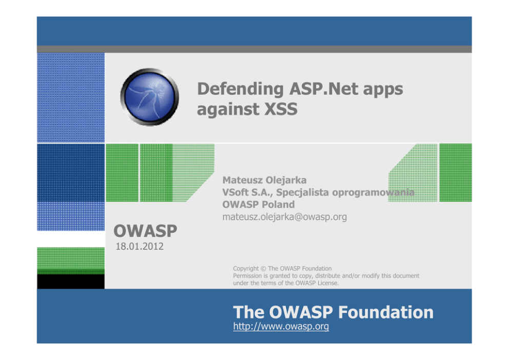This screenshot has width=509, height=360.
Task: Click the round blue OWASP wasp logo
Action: tap(149, 97)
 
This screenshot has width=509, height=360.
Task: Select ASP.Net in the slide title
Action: tap(324, 88)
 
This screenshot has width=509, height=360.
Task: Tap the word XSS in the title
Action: tap(281, 109)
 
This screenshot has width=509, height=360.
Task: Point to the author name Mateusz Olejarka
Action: tap(264, 180)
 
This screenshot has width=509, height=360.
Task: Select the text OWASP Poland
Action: tap(259, 204)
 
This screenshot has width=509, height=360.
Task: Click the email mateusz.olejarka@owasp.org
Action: tap(284, 217)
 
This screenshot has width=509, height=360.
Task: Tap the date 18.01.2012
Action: tap(140, 247)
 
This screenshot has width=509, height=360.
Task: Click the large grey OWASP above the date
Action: tap(145, 231)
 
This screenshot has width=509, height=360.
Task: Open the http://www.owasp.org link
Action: tap(281, 326)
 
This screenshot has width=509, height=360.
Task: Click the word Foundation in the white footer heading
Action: tap(386, 312)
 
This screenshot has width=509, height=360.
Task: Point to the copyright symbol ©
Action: tap(263, 269)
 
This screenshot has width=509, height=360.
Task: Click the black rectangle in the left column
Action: tap(71, 281)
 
